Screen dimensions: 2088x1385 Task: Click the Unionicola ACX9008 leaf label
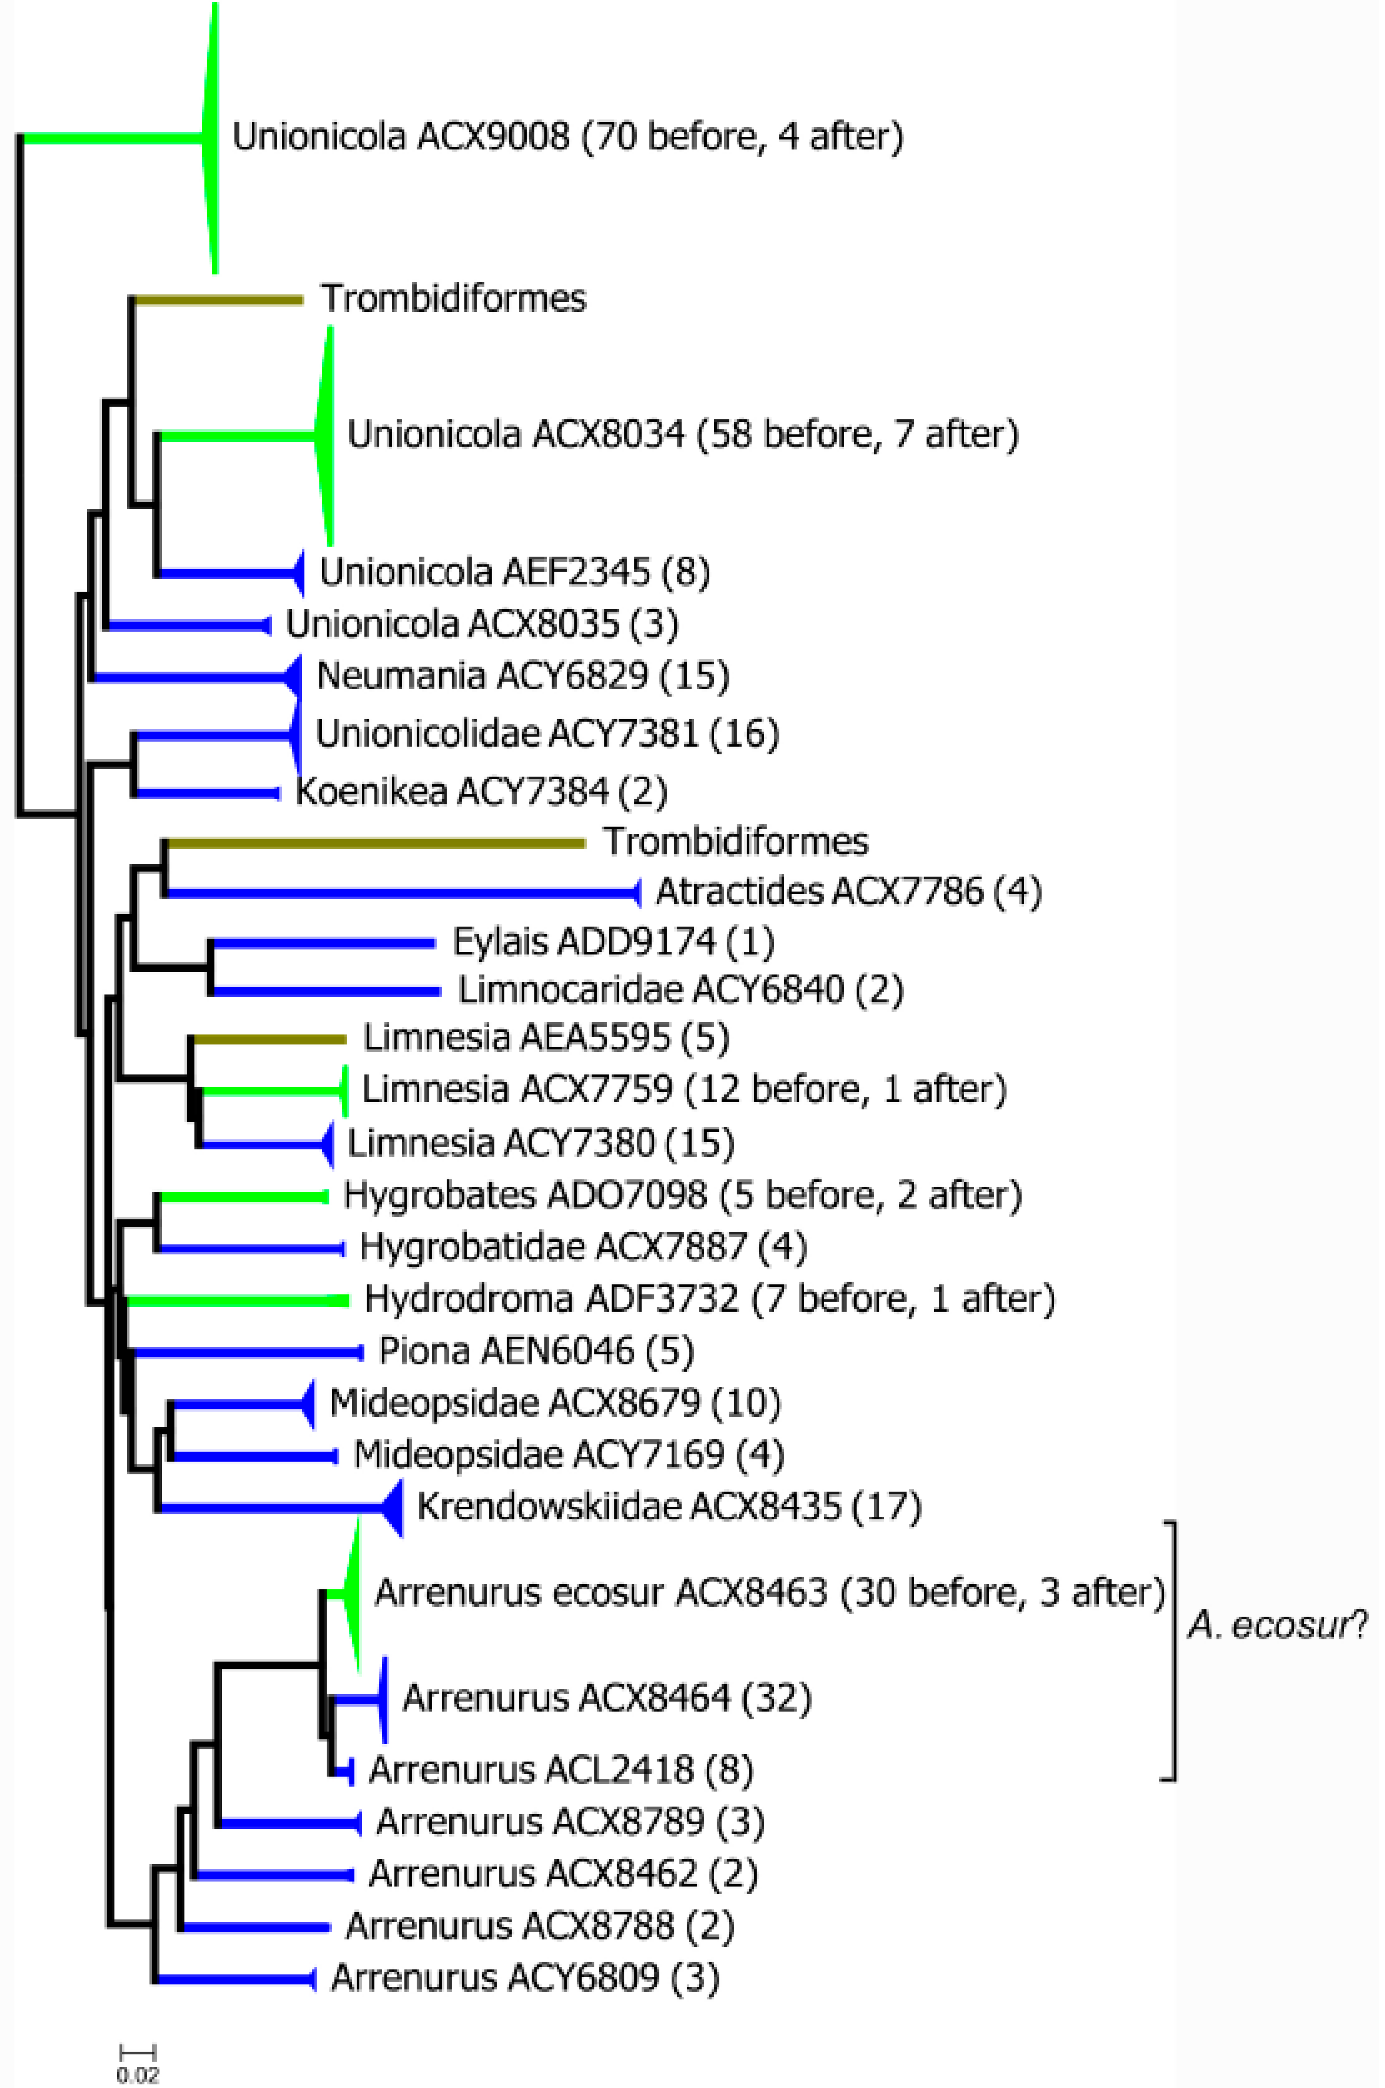(x=567, y=137)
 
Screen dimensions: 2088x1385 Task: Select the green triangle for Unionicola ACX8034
(x=325, y=435)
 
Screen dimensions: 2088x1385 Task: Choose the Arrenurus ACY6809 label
(x=525, y=1978)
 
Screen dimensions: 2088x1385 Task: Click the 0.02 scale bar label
(x=138, y=2075)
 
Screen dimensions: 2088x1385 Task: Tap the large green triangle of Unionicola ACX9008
(x=210, y=137)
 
